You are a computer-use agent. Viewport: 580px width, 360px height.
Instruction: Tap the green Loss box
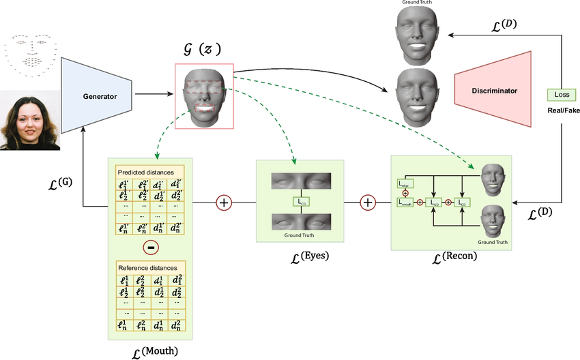[x=562, y=95]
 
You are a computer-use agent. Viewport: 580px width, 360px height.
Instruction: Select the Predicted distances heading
[x=145, y=172]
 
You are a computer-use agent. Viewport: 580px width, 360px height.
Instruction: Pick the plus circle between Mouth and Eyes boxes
[x=224, y=202]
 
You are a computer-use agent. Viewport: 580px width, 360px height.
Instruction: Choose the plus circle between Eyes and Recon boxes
[x=368, y=202]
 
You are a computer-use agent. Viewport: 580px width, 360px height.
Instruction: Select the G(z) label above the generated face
[x=202, y=49]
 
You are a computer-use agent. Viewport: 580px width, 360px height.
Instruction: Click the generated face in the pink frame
[x=204, y=96]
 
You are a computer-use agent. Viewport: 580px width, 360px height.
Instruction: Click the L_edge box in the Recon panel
[x=405, y=183]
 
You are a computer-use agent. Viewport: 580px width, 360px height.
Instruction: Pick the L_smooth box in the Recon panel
[x=406, y=202]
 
